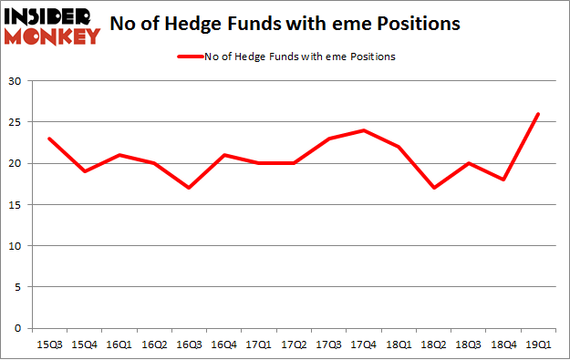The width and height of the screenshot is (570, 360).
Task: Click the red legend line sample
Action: pos(199,56)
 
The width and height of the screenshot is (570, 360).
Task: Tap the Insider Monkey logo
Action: pos(51,26)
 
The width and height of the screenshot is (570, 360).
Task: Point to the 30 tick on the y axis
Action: pos(16,82)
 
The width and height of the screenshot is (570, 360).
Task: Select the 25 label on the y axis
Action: pos(16,123)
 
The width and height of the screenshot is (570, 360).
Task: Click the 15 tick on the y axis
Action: pos(16,205)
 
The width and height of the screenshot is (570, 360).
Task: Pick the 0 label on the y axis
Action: pos(19,328)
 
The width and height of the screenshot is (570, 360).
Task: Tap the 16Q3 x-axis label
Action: pos(188,345)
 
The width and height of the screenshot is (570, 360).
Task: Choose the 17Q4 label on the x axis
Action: pos(364,345)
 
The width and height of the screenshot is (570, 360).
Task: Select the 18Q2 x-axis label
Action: pos(434,345)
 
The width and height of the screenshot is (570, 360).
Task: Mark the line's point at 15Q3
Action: pos(49,139)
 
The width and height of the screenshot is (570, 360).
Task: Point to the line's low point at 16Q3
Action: pos(188,189)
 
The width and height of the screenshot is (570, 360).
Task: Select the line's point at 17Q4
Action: pos(364,130)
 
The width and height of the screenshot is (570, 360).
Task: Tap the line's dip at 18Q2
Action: pos(434,189)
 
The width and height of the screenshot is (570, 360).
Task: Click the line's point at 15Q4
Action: pos(84,171)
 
